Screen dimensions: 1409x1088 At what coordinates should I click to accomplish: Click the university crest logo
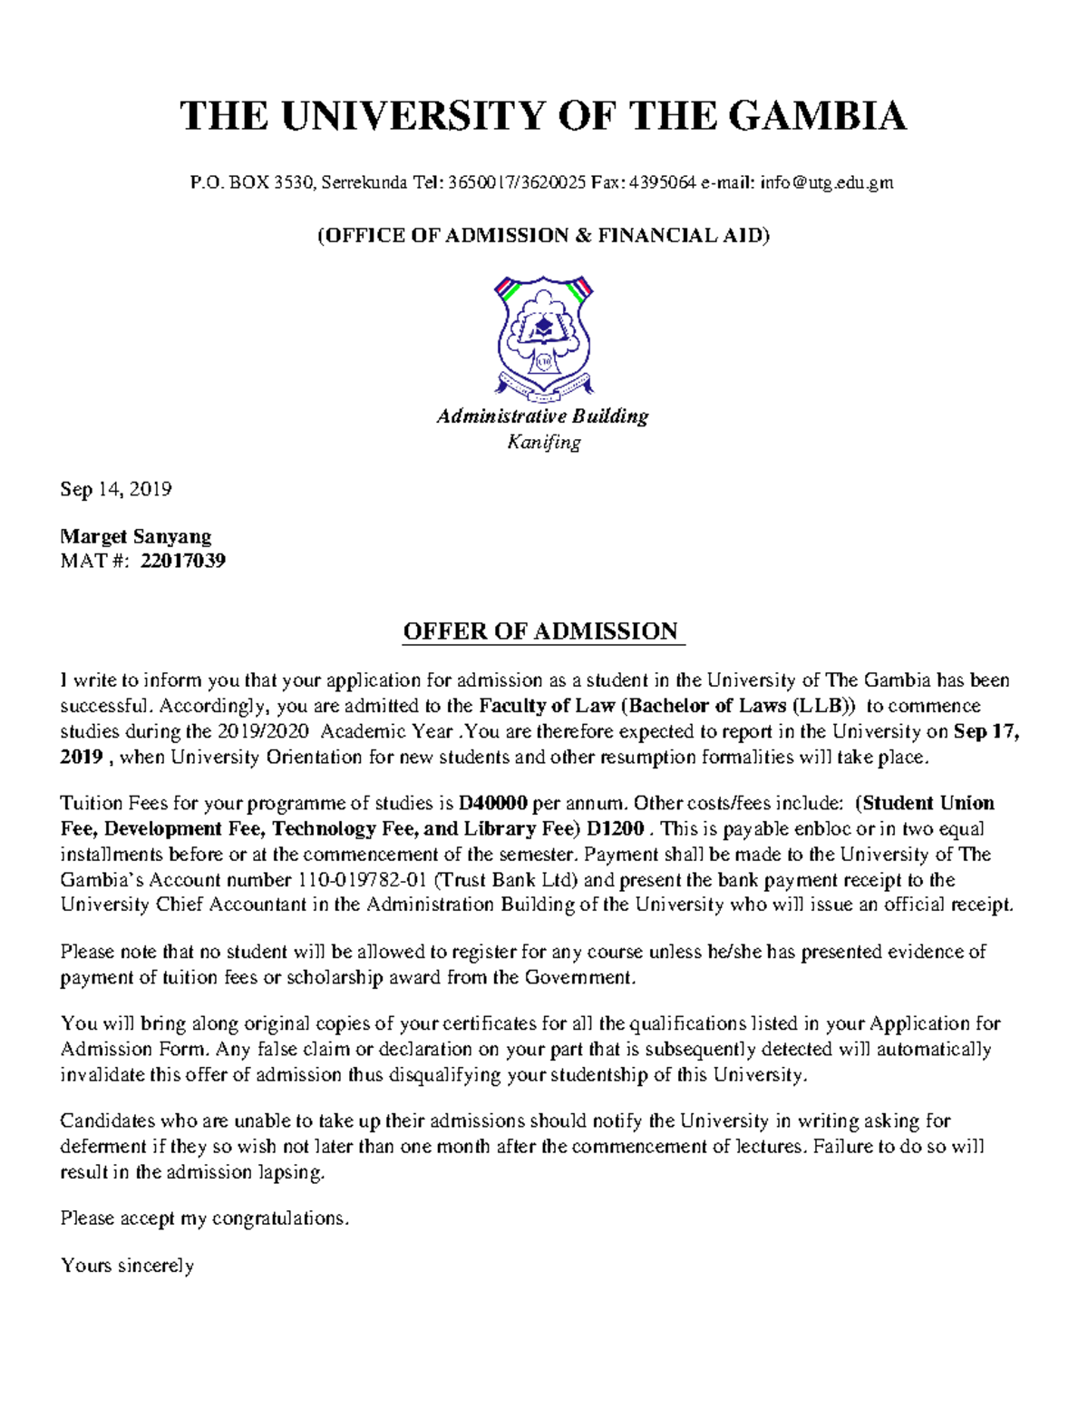[544, 338]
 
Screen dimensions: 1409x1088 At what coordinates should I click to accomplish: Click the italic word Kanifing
[544, 443]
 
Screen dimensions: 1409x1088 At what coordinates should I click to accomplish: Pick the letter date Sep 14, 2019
[116, 490]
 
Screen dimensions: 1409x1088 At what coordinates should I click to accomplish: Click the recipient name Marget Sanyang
[136, 536]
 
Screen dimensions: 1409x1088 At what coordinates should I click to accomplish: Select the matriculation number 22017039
[183, 561]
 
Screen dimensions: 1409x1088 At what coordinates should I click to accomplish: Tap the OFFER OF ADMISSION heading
[541, 631]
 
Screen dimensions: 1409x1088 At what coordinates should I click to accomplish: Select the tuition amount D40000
[493, 803]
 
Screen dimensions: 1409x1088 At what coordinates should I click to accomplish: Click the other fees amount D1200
[616, 828]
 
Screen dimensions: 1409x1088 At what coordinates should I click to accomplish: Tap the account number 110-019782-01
[363, 879]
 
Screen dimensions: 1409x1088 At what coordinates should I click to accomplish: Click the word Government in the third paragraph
[580, 977]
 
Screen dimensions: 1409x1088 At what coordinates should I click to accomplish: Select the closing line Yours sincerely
[128, 1266]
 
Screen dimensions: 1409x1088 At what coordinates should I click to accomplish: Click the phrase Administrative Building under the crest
[543, 416]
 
